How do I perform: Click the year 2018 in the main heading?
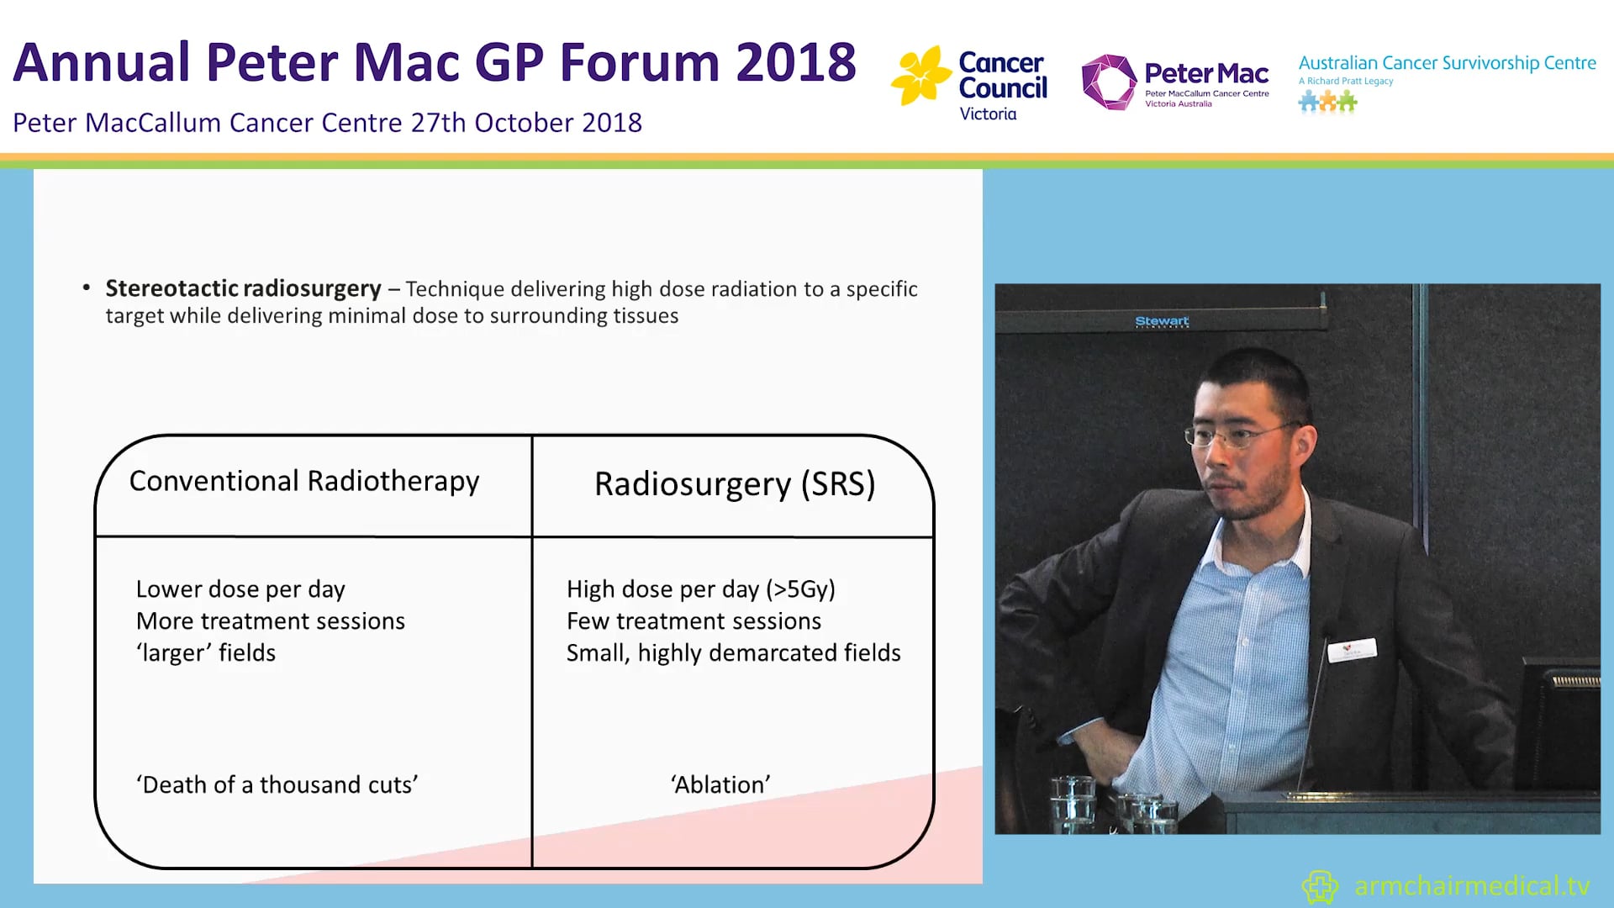click(795, 63)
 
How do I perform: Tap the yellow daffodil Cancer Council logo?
click(920, 76)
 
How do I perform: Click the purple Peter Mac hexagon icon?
click(1108, 82)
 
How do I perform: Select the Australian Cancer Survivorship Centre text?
click(1447, 63)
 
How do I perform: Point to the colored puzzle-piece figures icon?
click(1327, 103)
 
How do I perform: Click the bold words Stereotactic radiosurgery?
click(243, 288)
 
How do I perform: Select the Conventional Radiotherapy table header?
click(304, 481)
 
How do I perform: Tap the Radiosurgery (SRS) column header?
click(734, 484)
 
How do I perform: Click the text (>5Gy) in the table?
click(799, 589)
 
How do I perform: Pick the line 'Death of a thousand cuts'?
click(277, 784)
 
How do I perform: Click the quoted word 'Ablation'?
click(720, 784)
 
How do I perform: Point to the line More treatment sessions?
click(270, 621)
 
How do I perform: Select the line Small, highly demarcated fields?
click(733, 653)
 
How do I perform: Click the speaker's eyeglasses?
click(1236, 435)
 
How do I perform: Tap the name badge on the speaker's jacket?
click(1351, 650)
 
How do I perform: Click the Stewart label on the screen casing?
click(1162, 321)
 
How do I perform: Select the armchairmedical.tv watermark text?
click(1471, 886)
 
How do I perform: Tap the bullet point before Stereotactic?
click(87, 288)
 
